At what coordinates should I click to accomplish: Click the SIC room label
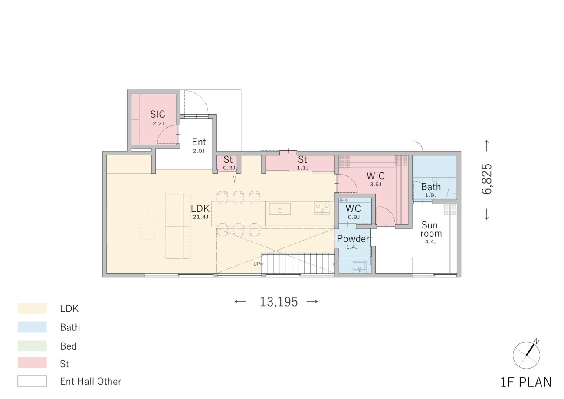click(157, 114)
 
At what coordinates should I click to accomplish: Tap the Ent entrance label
click(199, 142)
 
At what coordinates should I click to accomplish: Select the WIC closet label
click(375, 176)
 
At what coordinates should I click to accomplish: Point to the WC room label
click(353, 208)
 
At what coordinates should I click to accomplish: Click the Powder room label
click(353, 238)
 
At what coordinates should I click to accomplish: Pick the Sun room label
click(430, 229)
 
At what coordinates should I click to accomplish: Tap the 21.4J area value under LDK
click(200, 217)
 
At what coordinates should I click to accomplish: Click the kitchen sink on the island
click(280, 209)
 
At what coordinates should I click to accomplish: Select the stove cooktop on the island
click(322, 208)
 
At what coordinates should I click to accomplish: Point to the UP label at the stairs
click(256, 264)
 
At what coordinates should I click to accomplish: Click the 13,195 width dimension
click(279, 302)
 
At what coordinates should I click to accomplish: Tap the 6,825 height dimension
click(487, 179)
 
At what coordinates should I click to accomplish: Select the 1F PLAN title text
click(526, 383)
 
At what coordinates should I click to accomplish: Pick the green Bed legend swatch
click(32, 346)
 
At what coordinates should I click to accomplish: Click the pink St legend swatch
click(32, 363)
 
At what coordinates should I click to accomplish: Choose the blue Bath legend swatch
click(32, 326)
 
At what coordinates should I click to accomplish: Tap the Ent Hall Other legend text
click(91, 381)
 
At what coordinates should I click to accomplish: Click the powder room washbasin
click(360, 267)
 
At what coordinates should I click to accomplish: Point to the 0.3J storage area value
click(229, 168)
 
